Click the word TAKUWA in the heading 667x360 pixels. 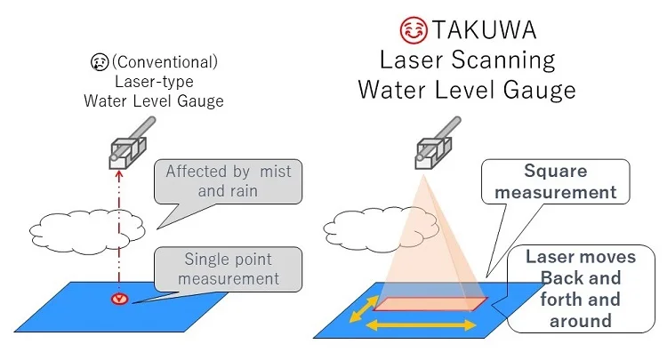click(485, 31)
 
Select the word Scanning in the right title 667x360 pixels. click(510, 60)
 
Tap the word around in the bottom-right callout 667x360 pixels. click(581, 320)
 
